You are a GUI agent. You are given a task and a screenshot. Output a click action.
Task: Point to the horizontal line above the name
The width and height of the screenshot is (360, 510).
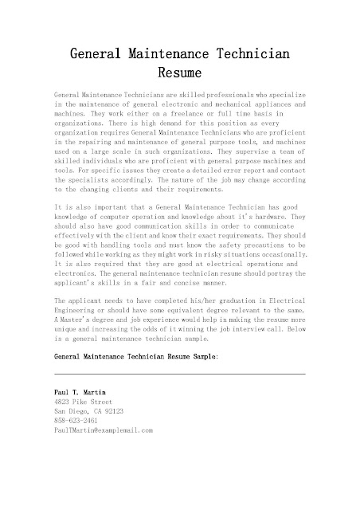[x=179, y=374]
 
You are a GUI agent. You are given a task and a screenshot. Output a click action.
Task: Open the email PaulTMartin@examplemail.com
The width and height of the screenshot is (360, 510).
[x=97, y=430]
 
